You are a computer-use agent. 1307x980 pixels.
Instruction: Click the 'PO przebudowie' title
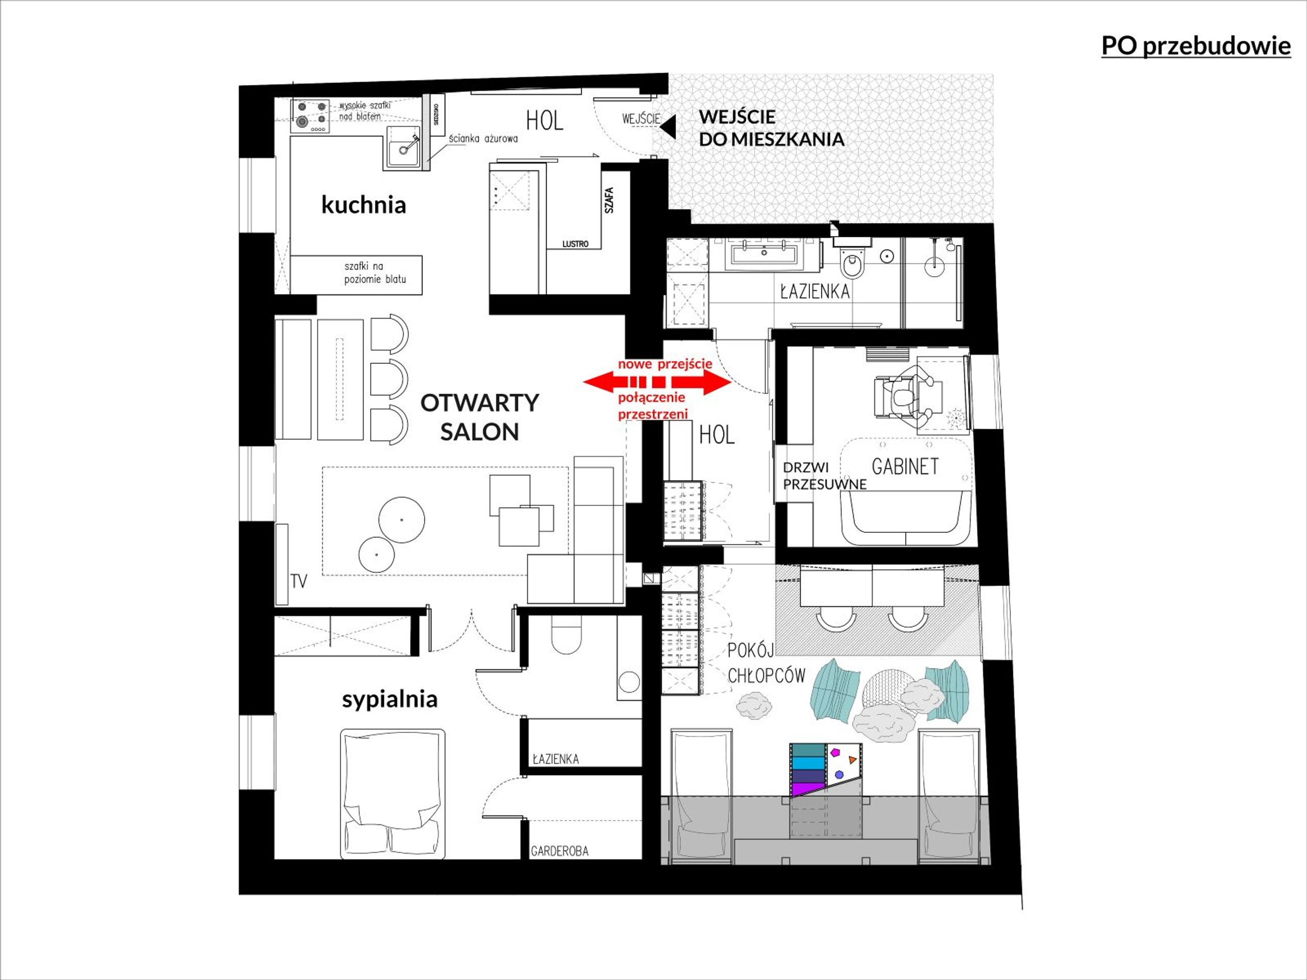point(1196,46)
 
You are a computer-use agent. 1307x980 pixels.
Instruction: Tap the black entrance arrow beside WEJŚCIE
point(668,127)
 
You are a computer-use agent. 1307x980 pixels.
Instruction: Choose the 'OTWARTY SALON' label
point(479,417)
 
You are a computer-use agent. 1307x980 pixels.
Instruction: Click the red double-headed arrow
point(657,382)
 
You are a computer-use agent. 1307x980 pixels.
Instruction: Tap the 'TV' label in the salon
point(299,582)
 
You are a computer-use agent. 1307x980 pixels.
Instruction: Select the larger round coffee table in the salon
point(402,520)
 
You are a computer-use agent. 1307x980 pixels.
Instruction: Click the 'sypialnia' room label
point(390,699)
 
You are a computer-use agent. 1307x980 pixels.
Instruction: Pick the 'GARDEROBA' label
point(560,851)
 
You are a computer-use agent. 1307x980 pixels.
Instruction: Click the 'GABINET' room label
point(905,467)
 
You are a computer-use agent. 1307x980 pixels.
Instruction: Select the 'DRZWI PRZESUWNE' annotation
point(824,476)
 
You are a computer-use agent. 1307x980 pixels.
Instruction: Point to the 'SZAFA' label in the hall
point(609,200)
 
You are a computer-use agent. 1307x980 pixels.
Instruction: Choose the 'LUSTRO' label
point(575,244)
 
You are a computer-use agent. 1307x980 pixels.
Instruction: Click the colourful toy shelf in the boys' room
point(827,770)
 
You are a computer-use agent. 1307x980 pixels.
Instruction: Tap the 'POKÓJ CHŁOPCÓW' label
point(766,663)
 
